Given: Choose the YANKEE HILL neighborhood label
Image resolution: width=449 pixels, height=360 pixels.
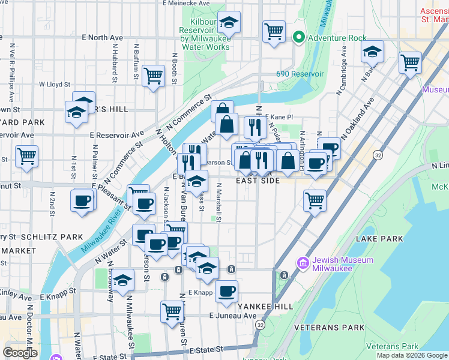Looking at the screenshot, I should pyautogui.click(x=265, y=306).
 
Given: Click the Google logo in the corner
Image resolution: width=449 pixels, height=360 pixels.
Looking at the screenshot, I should pyautogui.click(x=20, y=352).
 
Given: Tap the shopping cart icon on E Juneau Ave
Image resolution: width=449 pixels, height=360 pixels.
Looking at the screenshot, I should pyautogui.click(x=172, y=311).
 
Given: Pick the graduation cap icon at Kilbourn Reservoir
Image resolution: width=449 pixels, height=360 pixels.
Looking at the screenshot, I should pyautogui.click(x=228, y=22).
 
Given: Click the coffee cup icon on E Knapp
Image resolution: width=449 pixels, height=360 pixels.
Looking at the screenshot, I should pyautogui.click(x=226, y=291).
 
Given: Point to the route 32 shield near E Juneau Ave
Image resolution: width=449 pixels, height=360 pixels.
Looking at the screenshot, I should pyautogui.click(x=259, y=324).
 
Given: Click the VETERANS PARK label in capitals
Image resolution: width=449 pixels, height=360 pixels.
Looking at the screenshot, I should pyautogui.click(x=329, y=328).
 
